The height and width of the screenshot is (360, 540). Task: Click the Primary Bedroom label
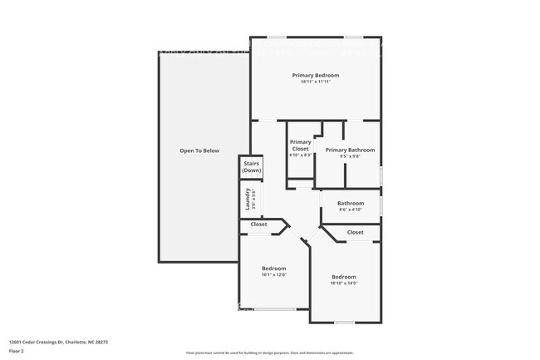coord(316,75)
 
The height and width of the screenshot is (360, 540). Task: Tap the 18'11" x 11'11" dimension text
coord(316,81)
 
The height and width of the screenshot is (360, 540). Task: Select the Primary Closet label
coord(300,145)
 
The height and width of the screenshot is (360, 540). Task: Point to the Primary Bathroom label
coord(350,150)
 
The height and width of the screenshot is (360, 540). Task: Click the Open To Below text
coord(199,150)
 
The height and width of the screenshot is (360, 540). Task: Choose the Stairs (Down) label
coord(251,166)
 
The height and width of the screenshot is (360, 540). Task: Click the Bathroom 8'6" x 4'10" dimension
coord(350,210)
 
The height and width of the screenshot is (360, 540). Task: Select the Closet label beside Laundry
coord(258,224)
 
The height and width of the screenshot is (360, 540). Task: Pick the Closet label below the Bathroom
coord(355,232)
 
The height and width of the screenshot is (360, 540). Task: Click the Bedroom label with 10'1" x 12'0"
coord(274,268)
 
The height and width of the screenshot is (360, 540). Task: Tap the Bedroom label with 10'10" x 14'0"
coord(344,277)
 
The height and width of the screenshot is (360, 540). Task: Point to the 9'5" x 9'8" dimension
coord(350,156)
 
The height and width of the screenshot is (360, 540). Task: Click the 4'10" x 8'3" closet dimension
coord(300,155)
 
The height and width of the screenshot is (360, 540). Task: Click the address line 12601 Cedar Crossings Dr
coord(58,342)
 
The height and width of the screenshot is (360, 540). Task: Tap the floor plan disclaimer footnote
coord(269,353)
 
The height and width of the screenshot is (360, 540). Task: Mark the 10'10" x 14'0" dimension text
coord(344,284)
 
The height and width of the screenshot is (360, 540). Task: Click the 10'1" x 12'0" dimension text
coord(274,274)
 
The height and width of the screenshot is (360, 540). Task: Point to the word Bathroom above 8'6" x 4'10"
coord(350,203)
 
